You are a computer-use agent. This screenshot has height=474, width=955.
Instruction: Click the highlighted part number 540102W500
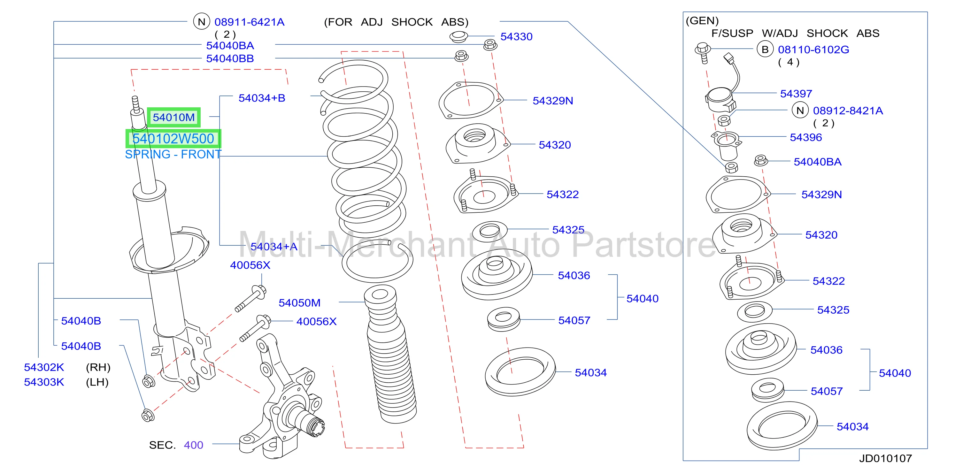(x=173, y=139)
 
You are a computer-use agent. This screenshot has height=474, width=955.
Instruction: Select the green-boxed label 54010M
(x=173, y=118)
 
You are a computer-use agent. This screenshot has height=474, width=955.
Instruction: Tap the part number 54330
(x=516, y=37)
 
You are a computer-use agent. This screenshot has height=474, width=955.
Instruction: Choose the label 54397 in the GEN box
(x=796, y=94)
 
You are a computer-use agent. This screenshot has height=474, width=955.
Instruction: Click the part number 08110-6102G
(x=813, y=50)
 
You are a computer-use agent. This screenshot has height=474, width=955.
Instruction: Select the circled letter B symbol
(x=765, y=49)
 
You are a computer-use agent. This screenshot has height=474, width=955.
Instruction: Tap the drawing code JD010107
(x=885, y=458)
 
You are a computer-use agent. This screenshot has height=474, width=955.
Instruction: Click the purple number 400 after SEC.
(x=194, y=445)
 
